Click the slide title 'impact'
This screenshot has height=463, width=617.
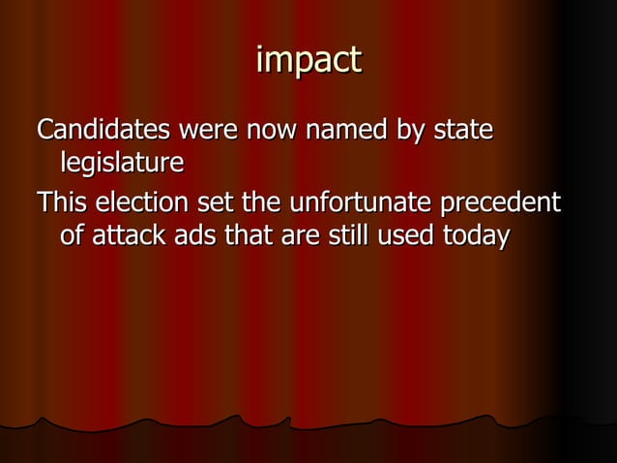click(x=308, y=61)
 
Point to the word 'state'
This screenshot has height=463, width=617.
click(x=464, y=130)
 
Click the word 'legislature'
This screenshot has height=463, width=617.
click(x=121, y=162)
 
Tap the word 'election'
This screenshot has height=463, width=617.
click(x=142, y=203)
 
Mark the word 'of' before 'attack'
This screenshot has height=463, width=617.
click(x=71, y=235)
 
